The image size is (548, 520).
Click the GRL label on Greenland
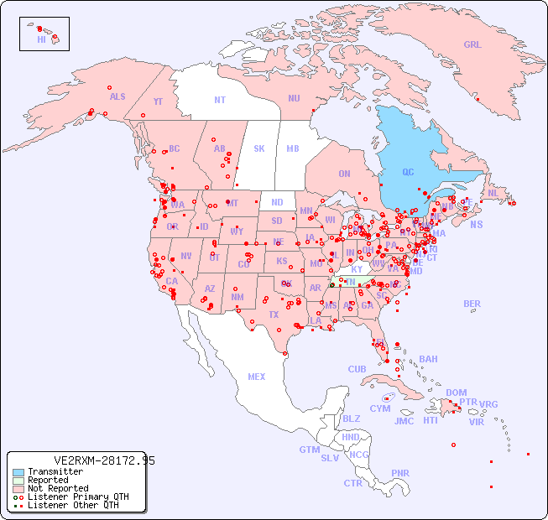coord(472,45)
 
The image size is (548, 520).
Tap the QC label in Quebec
coord(408,173)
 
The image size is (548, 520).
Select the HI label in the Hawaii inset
coord(41,39)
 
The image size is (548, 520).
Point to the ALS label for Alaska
coord(117,97)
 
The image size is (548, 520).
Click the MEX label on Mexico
coord(257,377)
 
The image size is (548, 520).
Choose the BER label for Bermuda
coord(472,304)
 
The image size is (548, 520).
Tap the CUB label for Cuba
coord(357,369)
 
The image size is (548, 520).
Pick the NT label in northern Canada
coord(220,100)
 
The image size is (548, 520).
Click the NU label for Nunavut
coord(294,98)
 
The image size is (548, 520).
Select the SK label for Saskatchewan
coord(259,149)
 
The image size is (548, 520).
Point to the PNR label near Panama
coord(400,473)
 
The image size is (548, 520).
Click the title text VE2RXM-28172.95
coord(104,460)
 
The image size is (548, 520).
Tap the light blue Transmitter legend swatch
coord(18,472)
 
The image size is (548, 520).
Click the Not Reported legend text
coord(58,488)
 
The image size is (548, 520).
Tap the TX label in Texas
coord(274,315)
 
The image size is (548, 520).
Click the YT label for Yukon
coord(158,101)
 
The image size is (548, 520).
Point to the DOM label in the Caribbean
coord(456,393)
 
